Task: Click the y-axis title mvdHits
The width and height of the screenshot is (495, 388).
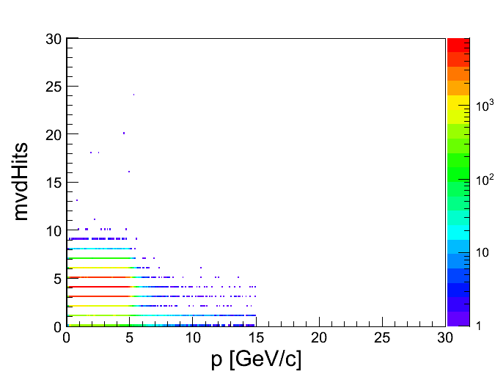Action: (22, 180)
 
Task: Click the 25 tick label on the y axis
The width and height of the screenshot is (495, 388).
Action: (52, 87)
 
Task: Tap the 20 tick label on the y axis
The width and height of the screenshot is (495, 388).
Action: (52, 134)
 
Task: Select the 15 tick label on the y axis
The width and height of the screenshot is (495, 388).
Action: (52, 183)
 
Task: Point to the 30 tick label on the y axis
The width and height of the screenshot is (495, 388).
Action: (52, 39)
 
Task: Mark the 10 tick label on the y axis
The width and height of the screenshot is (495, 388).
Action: (52, 230)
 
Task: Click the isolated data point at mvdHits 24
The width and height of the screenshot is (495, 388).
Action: (133, 95)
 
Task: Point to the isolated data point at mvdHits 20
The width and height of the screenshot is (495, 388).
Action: (124, 133)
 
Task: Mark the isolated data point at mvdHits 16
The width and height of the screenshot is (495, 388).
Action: (129, 172)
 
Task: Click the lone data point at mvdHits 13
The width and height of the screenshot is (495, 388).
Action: (76, 200)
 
